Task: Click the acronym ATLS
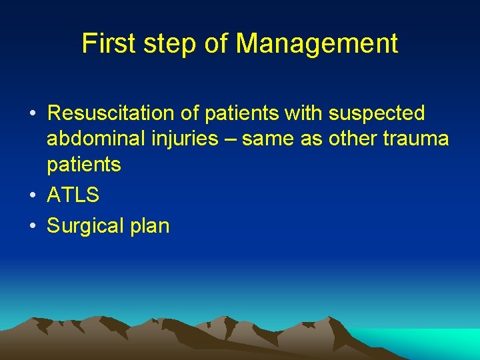click(73, 195)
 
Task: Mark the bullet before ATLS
click(33, 196)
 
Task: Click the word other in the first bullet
click(342, 139)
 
